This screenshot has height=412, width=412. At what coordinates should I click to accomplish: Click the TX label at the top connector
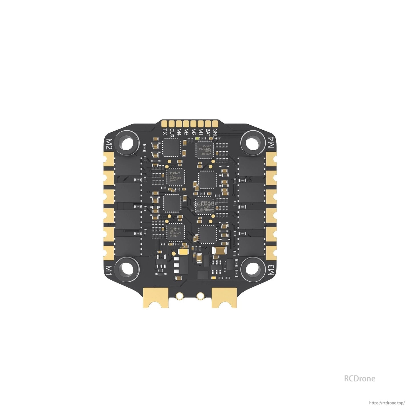164,132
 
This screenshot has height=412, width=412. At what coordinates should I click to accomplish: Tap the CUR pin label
172,133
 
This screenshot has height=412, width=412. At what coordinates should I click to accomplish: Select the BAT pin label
208,133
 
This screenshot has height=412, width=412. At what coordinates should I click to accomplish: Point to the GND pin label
215,133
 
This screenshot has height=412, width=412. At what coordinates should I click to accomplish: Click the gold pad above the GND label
215,123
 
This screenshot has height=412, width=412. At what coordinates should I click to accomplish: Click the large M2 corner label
109,144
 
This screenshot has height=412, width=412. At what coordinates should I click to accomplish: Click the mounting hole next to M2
127,141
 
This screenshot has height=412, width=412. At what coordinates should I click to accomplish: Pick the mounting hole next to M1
127,268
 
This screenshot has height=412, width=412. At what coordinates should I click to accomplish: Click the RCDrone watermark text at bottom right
360,378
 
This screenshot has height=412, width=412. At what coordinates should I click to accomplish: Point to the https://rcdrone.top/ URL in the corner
387,403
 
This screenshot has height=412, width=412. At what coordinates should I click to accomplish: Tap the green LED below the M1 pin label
197,139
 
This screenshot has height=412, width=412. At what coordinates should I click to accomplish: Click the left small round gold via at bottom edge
179,296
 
